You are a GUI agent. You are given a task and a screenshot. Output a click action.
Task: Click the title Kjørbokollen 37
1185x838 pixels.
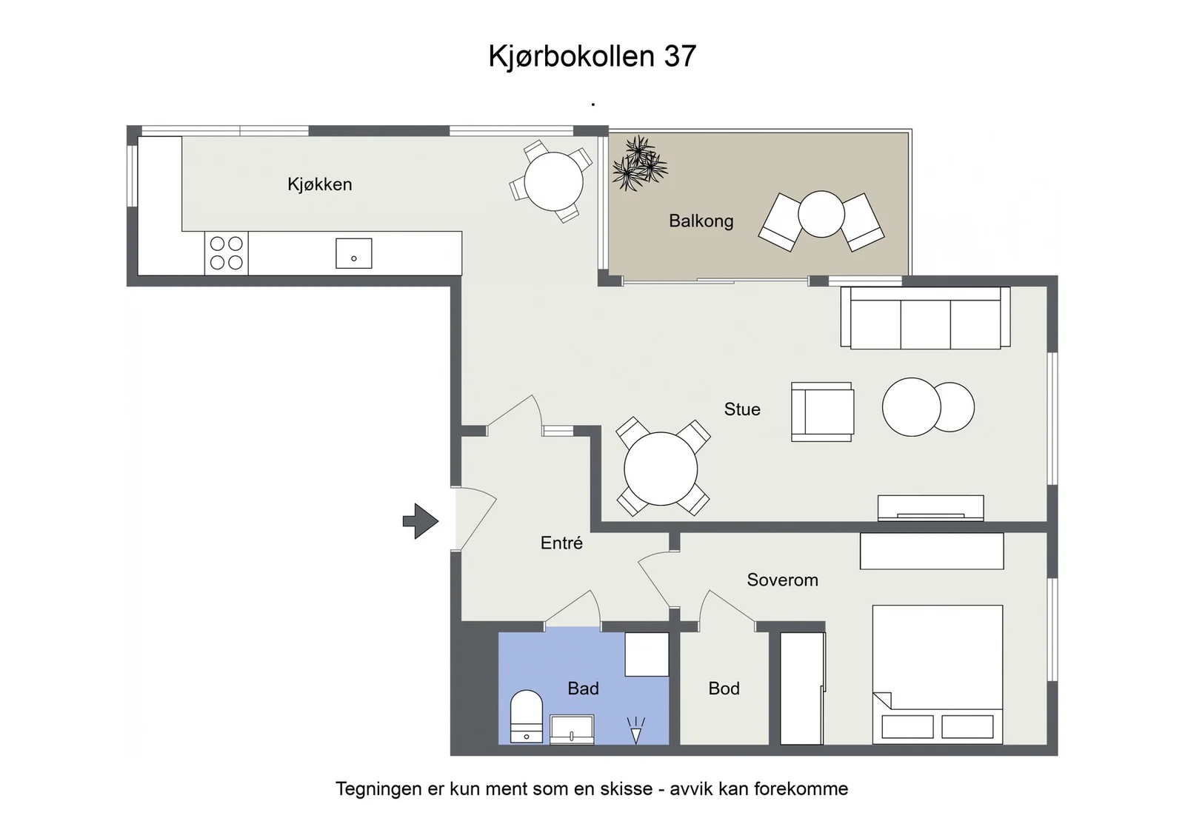(x=592, y=57)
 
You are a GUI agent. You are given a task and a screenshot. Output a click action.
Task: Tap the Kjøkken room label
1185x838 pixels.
(x=319, y=184)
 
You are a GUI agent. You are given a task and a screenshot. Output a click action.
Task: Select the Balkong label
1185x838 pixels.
(x=701, y=221)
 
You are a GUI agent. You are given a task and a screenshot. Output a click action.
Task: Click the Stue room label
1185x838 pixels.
(x=742, y=409)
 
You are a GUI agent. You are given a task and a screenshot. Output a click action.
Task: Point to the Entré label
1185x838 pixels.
(x=561, y=543)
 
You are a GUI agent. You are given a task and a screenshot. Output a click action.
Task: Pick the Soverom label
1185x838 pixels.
(x=782, y=580)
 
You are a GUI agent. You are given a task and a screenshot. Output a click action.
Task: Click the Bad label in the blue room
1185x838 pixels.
(x=583, y=688)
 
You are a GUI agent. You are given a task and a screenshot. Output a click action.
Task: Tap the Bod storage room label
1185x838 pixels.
(x=724, y=688)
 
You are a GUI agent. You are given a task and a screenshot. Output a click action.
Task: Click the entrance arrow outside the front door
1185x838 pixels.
(x=421, y=521)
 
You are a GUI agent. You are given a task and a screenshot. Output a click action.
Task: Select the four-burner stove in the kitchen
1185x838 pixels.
(x=227, y=253)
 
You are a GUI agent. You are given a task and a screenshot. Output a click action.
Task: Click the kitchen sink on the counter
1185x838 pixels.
(x=354, y=253)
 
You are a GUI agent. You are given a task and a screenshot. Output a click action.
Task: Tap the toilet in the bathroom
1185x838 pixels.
(x=527, y=716)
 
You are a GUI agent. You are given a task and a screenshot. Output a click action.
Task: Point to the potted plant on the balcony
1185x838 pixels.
(x=640, y=162)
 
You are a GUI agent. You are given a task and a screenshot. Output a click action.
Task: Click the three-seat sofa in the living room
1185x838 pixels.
(x=925, y=318)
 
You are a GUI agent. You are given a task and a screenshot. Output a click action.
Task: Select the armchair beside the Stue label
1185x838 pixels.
(x=822, y=412)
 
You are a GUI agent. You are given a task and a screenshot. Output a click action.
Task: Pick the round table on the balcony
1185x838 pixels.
(x=821, y=214)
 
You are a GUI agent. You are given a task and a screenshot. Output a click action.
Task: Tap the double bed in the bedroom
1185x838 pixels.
(x=938, y=674)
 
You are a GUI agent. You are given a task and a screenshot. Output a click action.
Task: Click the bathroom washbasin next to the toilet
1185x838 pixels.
(x=572, y=730)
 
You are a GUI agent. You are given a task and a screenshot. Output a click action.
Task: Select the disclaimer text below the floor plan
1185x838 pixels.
(x=592, y=789)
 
